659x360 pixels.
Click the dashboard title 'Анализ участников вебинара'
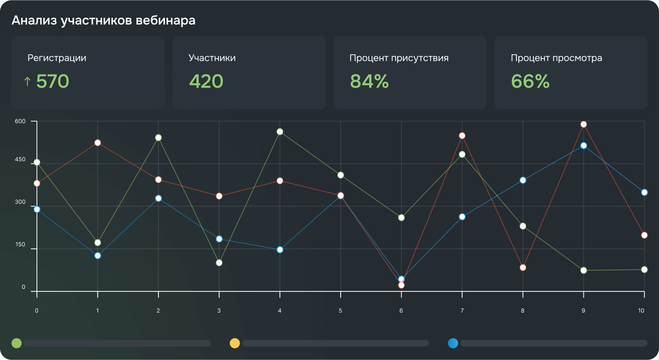[x=103, y=20]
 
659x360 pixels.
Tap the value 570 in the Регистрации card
[x=52, y=81]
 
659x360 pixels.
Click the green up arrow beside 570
[x=27, y=81]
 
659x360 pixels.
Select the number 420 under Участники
[x=206, y=81]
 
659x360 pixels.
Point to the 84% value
[x=369, y=81]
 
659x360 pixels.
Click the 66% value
[x=530, y=81]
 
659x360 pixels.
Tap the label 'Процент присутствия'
[x=399, y=58]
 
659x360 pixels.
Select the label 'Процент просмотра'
[x=556, y=58]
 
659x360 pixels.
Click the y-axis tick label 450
[x=20, y=159]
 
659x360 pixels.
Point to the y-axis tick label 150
[x=20, y=244]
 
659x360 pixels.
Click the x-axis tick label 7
[x=462, y=311]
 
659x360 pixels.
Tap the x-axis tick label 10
[x=641, y=311]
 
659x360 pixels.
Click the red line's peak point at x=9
[x=583, y=124]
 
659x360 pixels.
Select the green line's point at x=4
[x=280, y=132]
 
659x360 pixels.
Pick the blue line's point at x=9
[x=583, y=146]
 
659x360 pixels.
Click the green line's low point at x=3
[x=219, y=263]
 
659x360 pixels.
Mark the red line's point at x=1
[x=98, y=143]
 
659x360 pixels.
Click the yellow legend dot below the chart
[x=235, y=343]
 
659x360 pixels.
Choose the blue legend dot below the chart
[x=453, y=343]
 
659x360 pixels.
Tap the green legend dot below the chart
[x=17, y=343]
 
